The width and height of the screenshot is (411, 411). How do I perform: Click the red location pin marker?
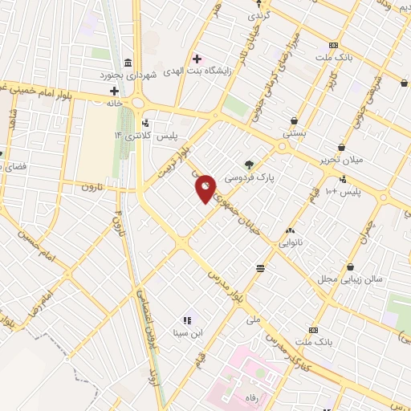[205, 189]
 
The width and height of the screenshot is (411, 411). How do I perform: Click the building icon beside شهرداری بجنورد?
[128, 64]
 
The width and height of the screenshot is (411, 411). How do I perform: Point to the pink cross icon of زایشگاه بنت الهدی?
[197, 59]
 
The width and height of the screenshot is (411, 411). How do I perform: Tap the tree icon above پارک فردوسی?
[250, 164]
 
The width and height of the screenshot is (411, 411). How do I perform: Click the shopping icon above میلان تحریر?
[342, 148]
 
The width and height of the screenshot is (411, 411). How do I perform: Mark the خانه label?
[114, 104]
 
